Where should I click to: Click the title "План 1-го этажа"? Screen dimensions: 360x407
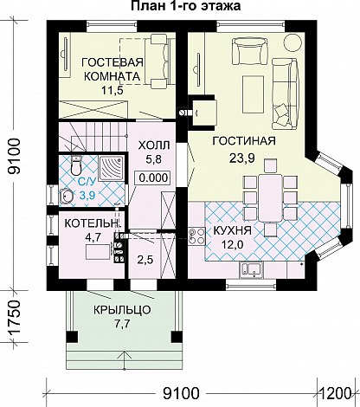pos(186,6)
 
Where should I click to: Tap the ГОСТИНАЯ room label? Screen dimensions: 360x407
pos(244,141)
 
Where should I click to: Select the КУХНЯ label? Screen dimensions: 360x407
pos(232,231)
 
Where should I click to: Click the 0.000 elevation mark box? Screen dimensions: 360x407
pos(153,178)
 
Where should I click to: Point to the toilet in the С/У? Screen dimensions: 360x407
pos(76,166)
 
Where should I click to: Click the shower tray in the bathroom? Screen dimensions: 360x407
pos(112,168)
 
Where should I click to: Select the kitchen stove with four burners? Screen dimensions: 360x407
pos(196,236)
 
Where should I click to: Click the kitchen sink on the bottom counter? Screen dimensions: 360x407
pos(251,270)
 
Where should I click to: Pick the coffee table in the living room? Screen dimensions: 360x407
pos(254,94)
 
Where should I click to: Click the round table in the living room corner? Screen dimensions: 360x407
pos(293,42)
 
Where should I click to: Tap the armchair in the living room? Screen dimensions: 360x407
pos(250,51)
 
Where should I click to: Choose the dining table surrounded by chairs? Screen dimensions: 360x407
pos(270,197)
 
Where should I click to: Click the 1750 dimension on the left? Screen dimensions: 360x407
pos(14,318)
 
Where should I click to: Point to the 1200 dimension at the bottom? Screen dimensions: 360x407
pos(335,393)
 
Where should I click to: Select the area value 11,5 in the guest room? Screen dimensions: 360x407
pos(112,90)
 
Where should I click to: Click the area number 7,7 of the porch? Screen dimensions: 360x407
pos(122,324)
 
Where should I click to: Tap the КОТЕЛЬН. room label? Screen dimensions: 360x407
pos(92,223)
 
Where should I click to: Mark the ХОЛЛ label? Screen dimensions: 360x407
pos(154,145)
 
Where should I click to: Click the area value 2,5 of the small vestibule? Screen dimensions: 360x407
pos(145,260)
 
